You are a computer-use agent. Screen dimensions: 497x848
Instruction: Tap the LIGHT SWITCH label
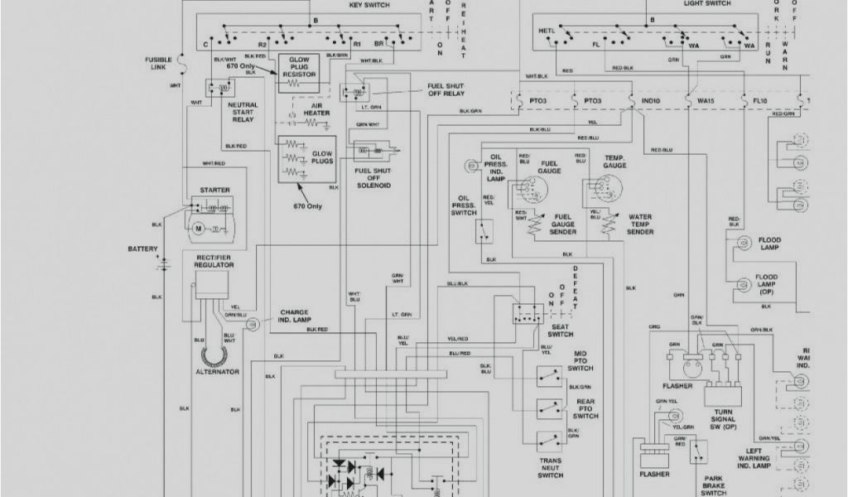[706, 3]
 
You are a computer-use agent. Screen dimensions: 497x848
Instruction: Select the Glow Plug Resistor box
[299, 74]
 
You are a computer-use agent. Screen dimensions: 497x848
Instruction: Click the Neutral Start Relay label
[243, 113]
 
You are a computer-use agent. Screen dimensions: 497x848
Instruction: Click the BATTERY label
[142, 249]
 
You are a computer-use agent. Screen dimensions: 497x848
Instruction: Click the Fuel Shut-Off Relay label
[446, 89]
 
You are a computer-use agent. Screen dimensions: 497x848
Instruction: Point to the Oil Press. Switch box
[486, 231]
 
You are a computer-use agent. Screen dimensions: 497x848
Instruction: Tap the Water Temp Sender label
[640, 224]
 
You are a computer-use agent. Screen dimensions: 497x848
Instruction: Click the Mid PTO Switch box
[547, 376]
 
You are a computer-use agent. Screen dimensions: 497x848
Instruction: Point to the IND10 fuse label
[651, 101]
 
